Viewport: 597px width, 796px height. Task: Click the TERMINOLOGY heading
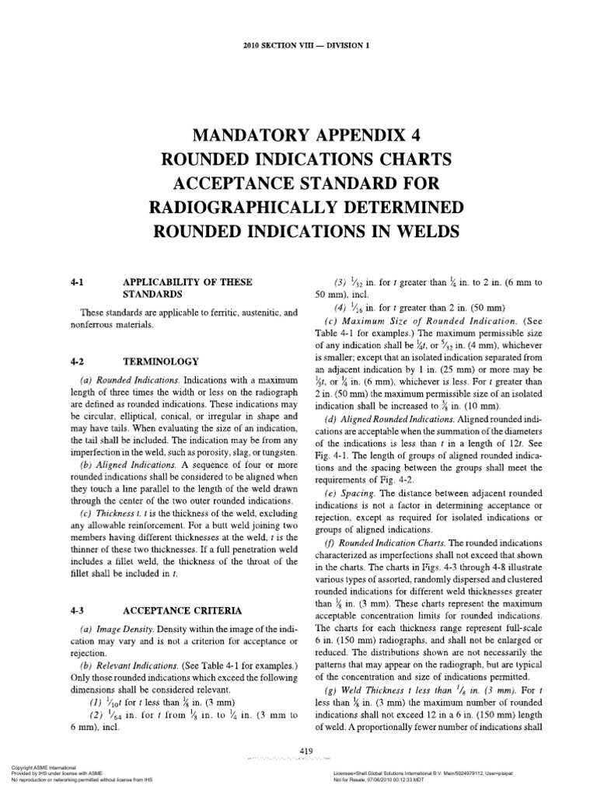pos(166,361)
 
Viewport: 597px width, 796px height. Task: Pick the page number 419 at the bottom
pos(305,749)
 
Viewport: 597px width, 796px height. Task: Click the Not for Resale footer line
pos(370,780)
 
